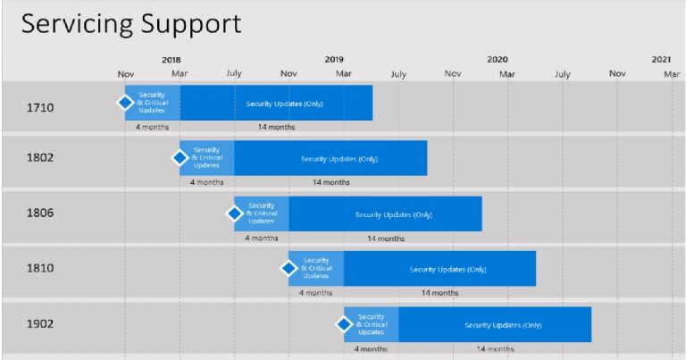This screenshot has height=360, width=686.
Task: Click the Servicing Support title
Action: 131,24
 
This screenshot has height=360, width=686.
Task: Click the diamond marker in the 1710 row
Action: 125,103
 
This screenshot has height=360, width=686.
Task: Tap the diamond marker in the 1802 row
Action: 180,158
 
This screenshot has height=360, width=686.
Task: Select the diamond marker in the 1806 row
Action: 235,213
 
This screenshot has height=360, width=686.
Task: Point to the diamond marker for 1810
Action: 289,268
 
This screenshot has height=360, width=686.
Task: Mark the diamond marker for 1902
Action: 344,323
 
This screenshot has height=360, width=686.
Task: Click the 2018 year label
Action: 171,60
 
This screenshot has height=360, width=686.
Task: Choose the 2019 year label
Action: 334,60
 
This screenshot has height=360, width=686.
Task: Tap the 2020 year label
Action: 498,60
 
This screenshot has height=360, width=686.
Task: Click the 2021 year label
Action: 661,60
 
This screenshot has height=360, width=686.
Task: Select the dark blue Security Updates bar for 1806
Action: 385,214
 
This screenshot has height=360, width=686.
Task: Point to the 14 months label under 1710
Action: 276,127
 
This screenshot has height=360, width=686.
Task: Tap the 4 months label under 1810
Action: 316,292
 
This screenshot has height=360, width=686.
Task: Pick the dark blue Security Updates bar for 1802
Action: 330,158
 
